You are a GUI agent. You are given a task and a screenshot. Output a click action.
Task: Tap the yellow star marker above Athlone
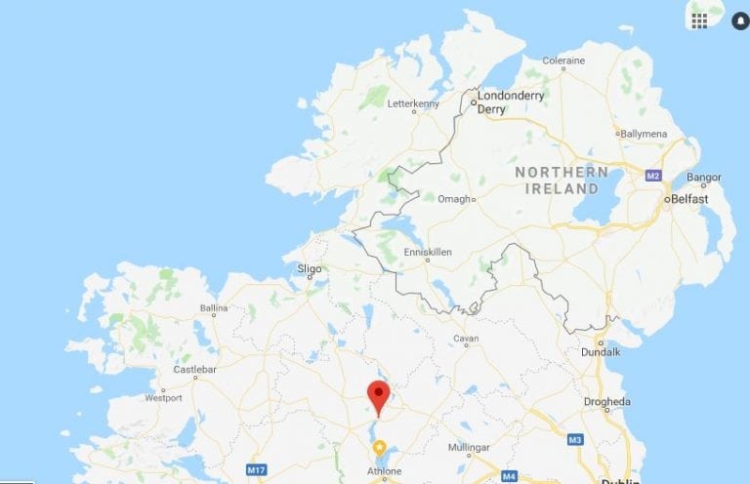[380, 447]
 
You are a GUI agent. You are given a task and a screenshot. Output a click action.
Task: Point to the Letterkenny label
[414, 103]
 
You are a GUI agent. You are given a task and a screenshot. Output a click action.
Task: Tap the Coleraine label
[563, 60]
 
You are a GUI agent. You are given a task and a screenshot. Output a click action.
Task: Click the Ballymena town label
[646, 133]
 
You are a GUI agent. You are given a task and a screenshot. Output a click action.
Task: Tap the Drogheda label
[606, 401]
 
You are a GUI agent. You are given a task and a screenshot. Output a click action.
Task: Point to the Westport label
[163, 398]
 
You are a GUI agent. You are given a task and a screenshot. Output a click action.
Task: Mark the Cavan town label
[466, 339]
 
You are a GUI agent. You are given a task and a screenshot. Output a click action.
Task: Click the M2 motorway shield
[653, 176]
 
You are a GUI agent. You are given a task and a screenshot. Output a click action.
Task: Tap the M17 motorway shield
[256, 470]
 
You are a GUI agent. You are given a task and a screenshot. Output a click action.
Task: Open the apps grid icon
[699, 20]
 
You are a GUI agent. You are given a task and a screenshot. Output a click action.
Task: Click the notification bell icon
[739, 20]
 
